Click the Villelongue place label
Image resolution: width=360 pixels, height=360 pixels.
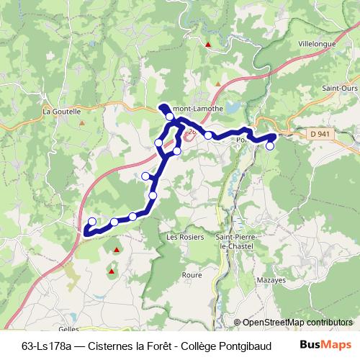pyautogui.click(x=322, y=43)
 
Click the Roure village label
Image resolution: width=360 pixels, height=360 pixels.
pyautogui.click(x=192, y=274)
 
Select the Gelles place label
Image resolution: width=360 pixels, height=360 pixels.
pyautogui.click(x=68, y=326)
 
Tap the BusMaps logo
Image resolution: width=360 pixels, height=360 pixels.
pyautogui.click(x=325, y=343)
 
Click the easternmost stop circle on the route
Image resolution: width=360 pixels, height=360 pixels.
pyautogui.click(x=271, y=145)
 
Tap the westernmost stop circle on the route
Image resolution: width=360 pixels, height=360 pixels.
pyautogui.click(x=92, y=221)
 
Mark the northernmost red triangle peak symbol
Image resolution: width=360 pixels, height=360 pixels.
pyautogui.click(x=207, y=45)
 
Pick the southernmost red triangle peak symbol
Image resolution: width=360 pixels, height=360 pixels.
pyautogui.click(x=112, y=271)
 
